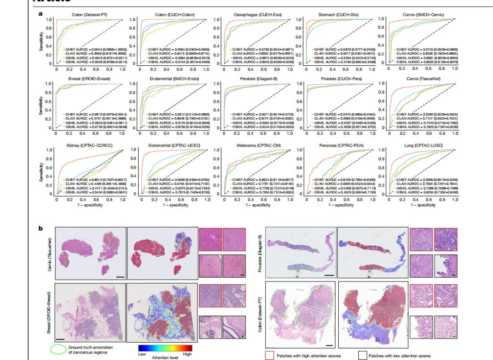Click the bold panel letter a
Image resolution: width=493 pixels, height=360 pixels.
[41, 14]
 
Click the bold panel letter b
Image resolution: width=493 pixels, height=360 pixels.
[41, 227]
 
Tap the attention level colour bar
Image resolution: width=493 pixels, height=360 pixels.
[165, 348]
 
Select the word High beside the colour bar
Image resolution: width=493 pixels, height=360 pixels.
[187, 354]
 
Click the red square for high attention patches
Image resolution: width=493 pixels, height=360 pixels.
[269, 355]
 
